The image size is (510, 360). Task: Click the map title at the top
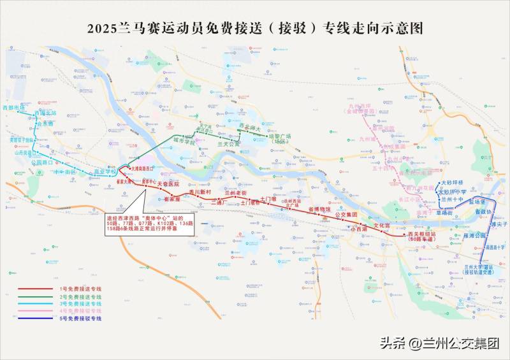tap(255, 28)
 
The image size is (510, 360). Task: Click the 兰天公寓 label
tap(228, 145)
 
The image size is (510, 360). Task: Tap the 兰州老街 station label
tap(236, 192)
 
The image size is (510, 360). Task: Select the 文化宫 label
tap(381, 226)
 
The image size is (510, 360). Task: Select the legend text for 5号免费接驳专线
tap(80, 318)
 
